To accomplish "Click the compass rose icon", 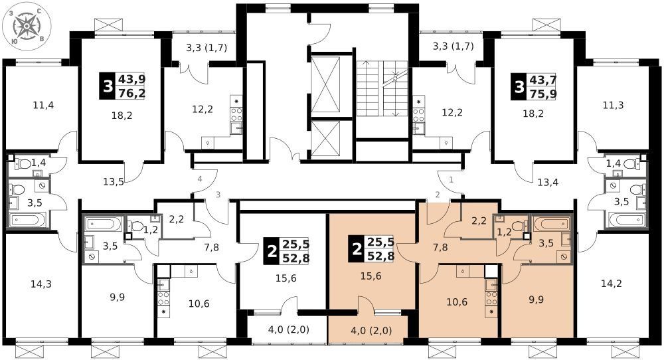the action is point(27,27).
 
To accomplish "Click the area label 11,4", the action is point(43,105).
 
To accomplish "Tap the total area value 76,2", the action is point(131,93).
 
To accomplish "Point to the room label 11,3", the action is point(613,105).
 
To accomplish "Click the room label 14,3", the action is point(41,284).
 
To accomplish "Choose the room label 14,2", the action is point(612,284).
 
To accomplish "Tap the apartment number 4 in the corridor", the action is point(199,179).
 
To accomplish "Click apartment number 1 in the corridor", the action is point(451,179).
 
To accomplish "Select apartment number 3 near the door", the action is point(218,195).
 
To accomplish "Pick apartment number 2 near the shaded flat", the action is point(438,195).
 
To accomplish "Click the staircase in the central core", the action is point(382,88).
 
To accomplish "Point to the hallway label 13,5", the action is point(114,182).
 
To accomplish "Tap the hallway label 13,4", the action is point(548,183).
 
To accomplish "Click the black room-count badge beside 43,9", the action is point(108,86).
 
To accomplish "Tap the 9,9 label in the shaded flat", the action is point(536,300).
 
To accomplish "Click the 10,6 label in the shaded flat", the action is point(457,302).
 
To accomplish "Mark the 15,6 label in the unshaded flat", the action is point(286,278).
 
